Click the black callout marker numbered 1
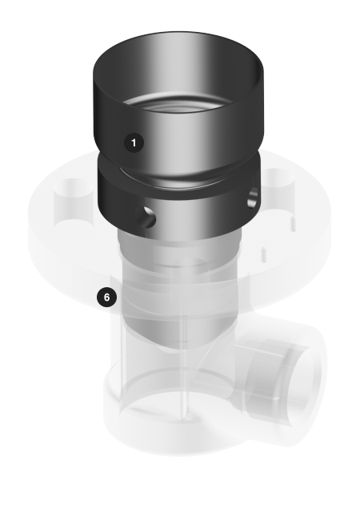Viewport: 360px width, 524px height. tap(134, 143)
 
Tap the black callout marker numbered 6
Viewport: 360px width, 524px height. tap(107, 298)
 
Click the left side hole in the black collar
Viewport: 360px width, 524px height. tap(146, 217)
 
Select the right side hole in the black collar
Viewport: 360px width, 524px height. tap(254, 197)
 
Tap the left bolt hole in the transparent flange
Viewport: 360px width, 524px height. tap(73, 197)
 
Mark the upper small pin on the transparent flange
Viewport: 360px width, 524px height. tap(293, 223)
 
